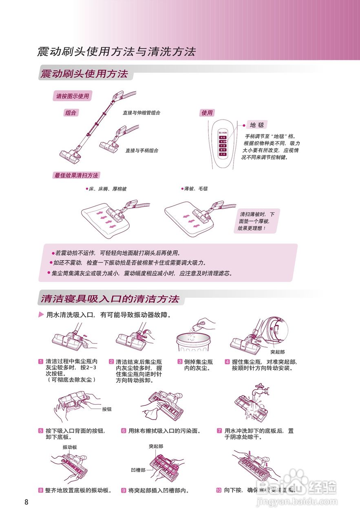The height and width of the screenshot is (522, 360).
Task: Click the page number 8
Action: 27,502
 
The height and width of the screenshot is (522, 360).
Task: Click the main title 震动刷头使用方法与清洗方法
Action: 117,52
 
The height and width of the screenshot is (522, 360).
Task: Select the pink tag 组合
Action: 71,113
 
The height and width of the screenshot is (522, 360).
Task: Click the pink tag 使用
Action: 207,113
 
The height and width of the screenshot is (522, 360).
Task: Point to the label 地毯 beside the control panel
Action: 258,125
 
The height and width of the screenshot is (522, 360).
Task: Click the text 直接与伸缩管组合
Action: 141,113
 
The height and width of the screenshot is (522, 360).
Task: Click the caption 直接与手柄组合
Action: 141,150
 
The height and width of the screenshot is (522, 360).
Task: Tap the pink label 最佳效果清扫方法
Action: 76,175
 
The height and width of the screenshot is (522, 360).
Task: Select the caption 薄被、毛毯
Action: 195,189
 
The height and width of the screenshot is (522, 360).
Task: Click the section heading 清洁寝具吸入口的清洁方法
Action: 110,299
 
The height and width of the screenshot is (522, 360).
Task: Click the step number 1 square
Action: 41,361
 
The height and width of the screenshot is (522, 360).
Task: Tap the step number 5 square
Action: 41,431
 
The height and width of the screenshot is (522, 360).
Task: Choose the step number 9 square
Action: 123,490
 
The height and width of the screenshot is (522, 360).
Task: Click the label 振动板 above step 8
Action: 70,447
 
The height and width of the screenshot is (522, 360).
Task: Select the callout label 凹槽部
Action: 138,470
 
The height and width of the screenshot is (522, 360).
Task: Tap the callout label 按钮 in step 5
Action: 107,409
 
